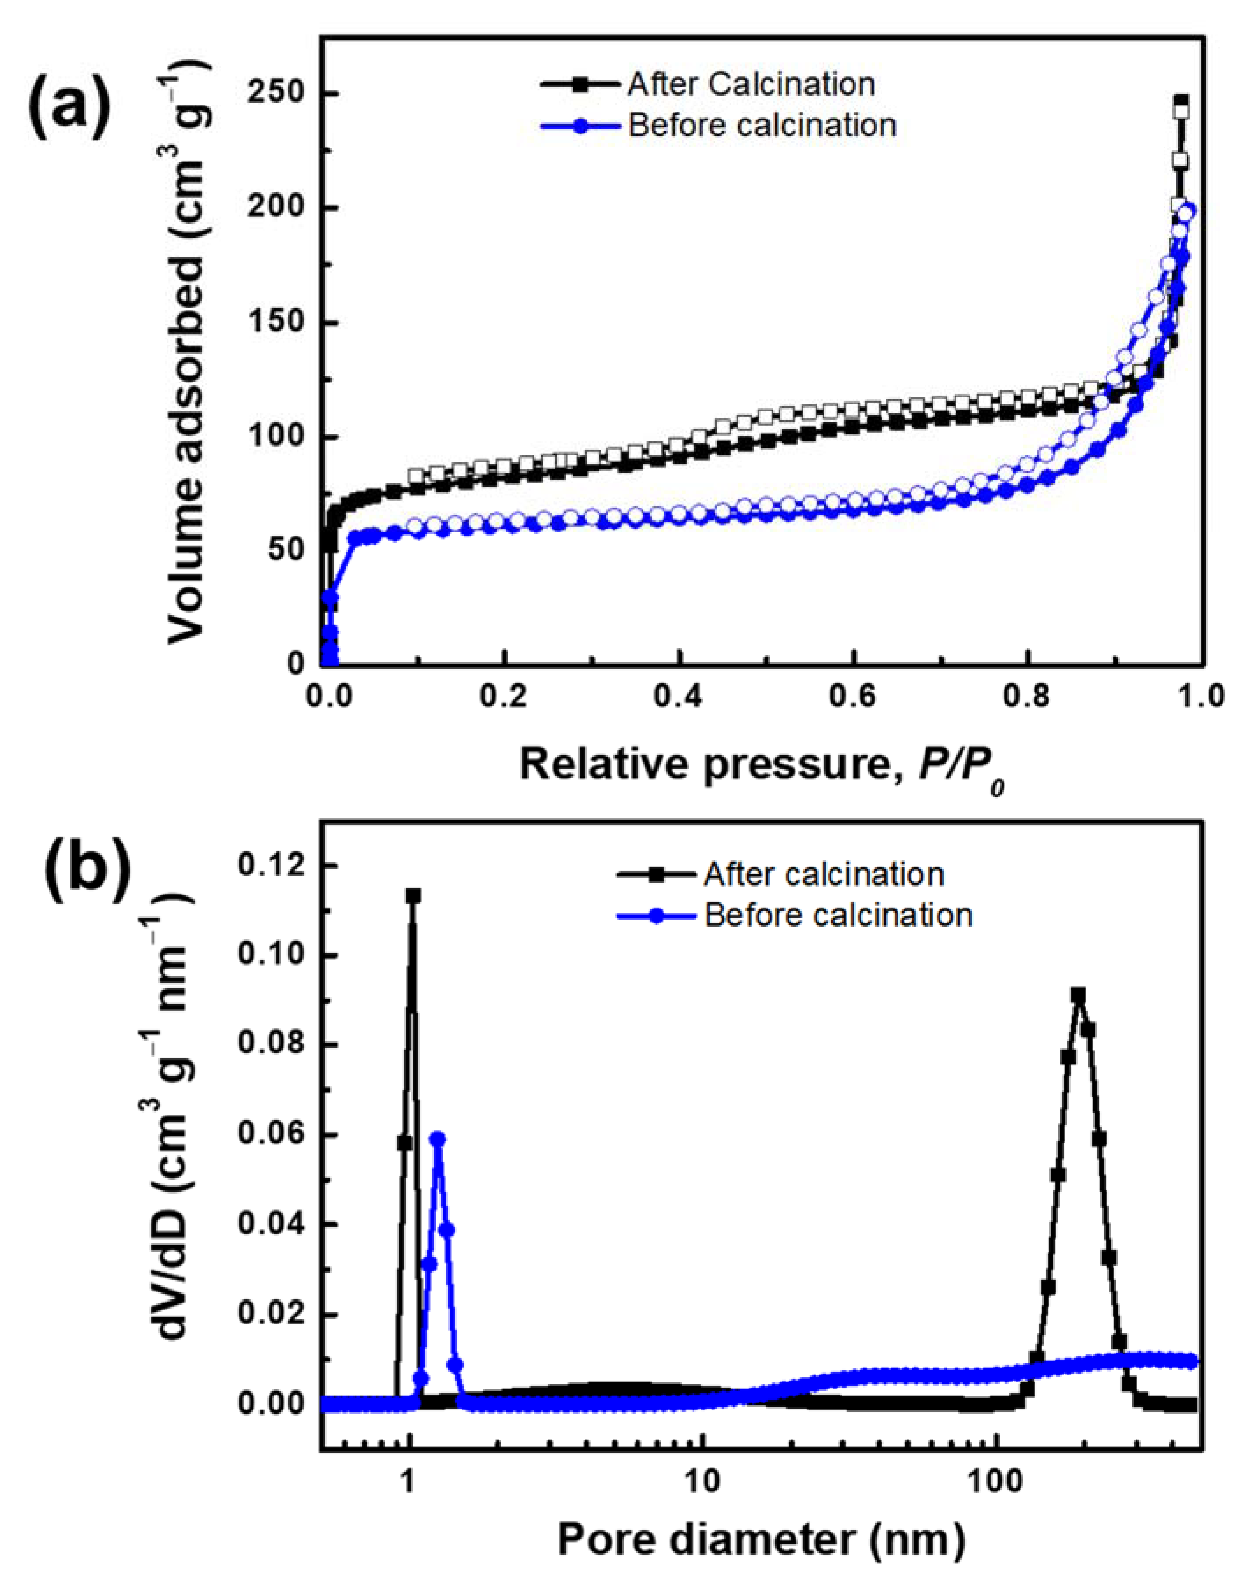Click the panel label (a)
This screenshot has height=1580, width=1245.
[x=69, y=104]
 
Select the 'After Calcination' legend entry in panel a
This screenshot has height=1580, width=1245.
[x=751, y=84]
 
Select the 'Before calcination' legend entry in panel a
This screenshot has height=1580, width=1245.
[x=762, y=125]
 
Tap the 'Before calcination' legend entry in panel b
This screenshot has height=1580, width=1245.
[x=838, y=915]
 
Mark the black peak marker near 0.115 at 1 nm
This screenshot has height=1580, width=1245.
[x=413, y=896]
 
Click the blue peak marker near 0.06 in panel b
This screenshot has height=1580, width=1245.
[x=438, y=1139]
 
